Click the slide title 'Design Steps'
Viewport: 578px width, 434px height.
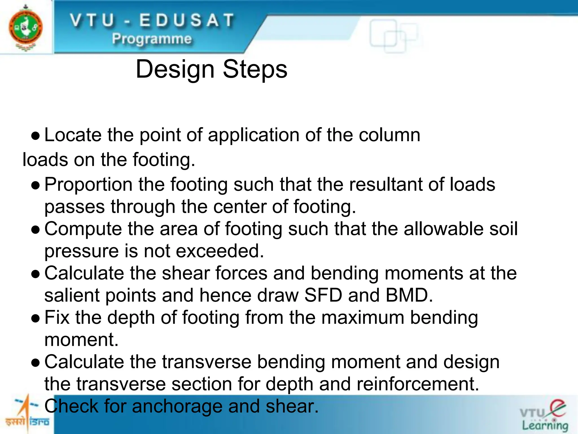(211, 70)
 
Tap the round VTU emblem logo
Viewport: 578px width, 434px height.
(26, 28)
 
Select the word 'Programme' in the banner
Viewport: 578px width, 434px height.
(152, 39)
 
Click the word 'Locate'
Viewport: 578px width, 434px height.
(73, 135)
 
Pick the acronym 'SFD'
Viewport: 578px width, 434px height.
(323, 296)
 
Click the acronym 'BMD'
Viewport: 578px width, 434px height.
(409, 296)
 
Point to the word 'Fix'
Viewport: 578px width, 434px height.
(57, 318)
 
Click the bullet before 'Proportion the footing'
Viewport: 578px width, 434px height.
(36, 186)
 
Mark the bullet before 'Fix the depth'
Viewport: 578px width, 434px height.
(36, 319)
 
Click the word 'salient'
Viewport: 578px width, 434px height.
(72, 296)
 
